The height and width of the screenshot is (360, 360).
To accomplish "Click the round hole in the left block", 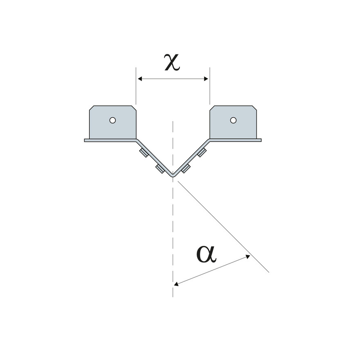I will click(112, 120).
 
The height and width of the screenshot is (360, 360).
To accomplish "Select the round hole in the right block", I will click(233, 120).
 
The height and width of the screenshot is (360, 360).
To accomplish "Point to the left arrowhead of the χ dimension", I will click(139, 79).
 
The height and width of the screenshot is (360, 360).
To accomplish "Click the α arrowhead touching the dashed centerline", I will click(176, 283).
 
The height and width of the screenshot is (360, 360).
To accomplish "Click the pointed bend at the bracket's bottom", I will click(173, 175).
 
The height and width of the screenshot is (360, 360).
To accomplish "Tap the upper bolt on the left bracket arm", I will click(143, 153).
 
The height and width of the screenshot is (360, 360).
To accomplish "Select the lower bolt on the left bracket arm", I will click(158, 168).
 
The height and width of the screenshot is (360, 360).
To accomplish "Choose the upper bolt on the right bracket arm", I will click(201, 153).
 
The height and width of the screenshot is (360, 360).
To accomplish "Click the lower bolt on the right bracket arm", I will click(186, 169).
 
